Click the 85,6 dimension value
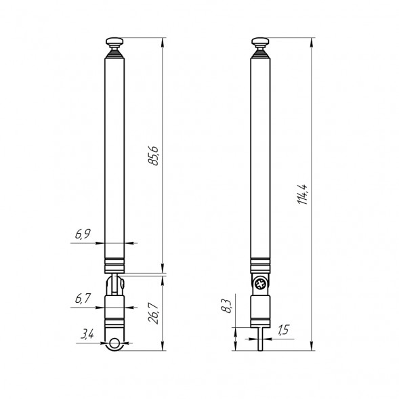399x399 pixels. (x=153, y=156)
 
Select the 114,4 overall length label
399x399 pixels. (x=303, y=194)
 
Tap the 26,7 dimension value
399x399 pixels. (x=154, y=313)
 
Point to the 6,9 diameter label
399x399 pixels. (x=83, y=234)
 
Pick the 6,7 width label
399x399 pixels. (x=83, y=298)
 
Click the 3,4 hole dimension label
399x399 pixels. (x=87, y=334)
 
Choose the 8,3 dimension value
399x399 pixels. (x=226, y=306)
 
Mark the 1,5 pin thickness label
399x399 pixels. (x=283, y=330)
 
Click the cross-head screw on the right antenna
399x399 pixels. (x=261, y=284)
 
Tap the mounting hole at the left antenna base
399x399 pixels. (x=114, y=343)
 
